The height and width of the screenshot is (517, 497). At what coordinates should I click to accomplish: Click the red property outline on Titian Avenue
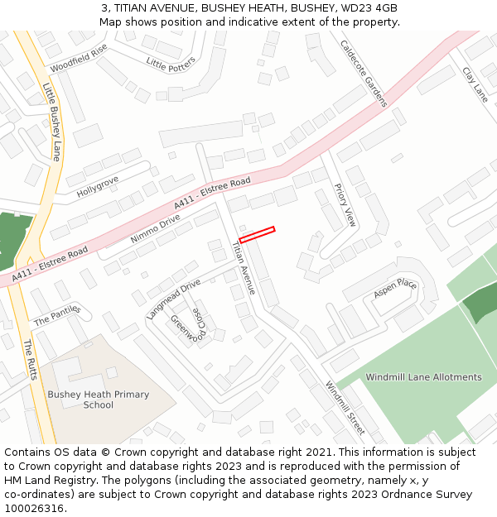tap(257, 234)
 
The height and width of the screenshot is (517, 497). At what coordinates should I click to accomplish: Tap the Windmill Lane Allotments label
tap(423, 377)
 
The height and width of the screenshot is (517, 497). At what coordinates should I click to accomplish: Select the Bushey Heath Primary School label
tap(98, 400)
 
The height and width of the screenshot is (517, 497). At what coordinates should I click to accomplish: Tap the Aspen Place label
tap(395, 287)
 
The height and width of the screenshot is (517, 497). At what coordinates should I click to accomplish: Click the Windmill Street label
tap(345, 408)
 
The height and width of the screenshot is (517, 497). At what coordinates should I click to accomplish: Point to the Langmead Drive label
tap(174, 299)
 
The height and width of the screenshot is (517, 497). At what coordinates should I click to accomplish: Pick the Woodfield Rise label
tap(79, 58)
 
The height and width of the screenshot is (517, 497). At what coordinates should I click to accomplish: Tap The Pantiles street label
tap(55, 315)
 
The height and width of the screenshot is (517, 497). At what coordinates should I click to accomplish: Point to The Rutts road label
tap(29, 359)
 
